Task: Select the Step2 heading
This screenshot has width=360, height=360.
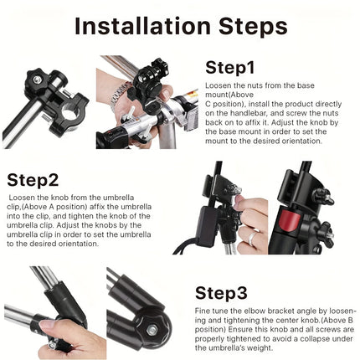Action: coord(33,179)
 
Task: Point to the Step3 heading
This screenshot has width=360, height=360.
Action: coord(221,292)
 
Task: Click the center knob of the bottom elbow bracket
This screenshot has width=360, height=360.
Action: coord(151,330)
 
